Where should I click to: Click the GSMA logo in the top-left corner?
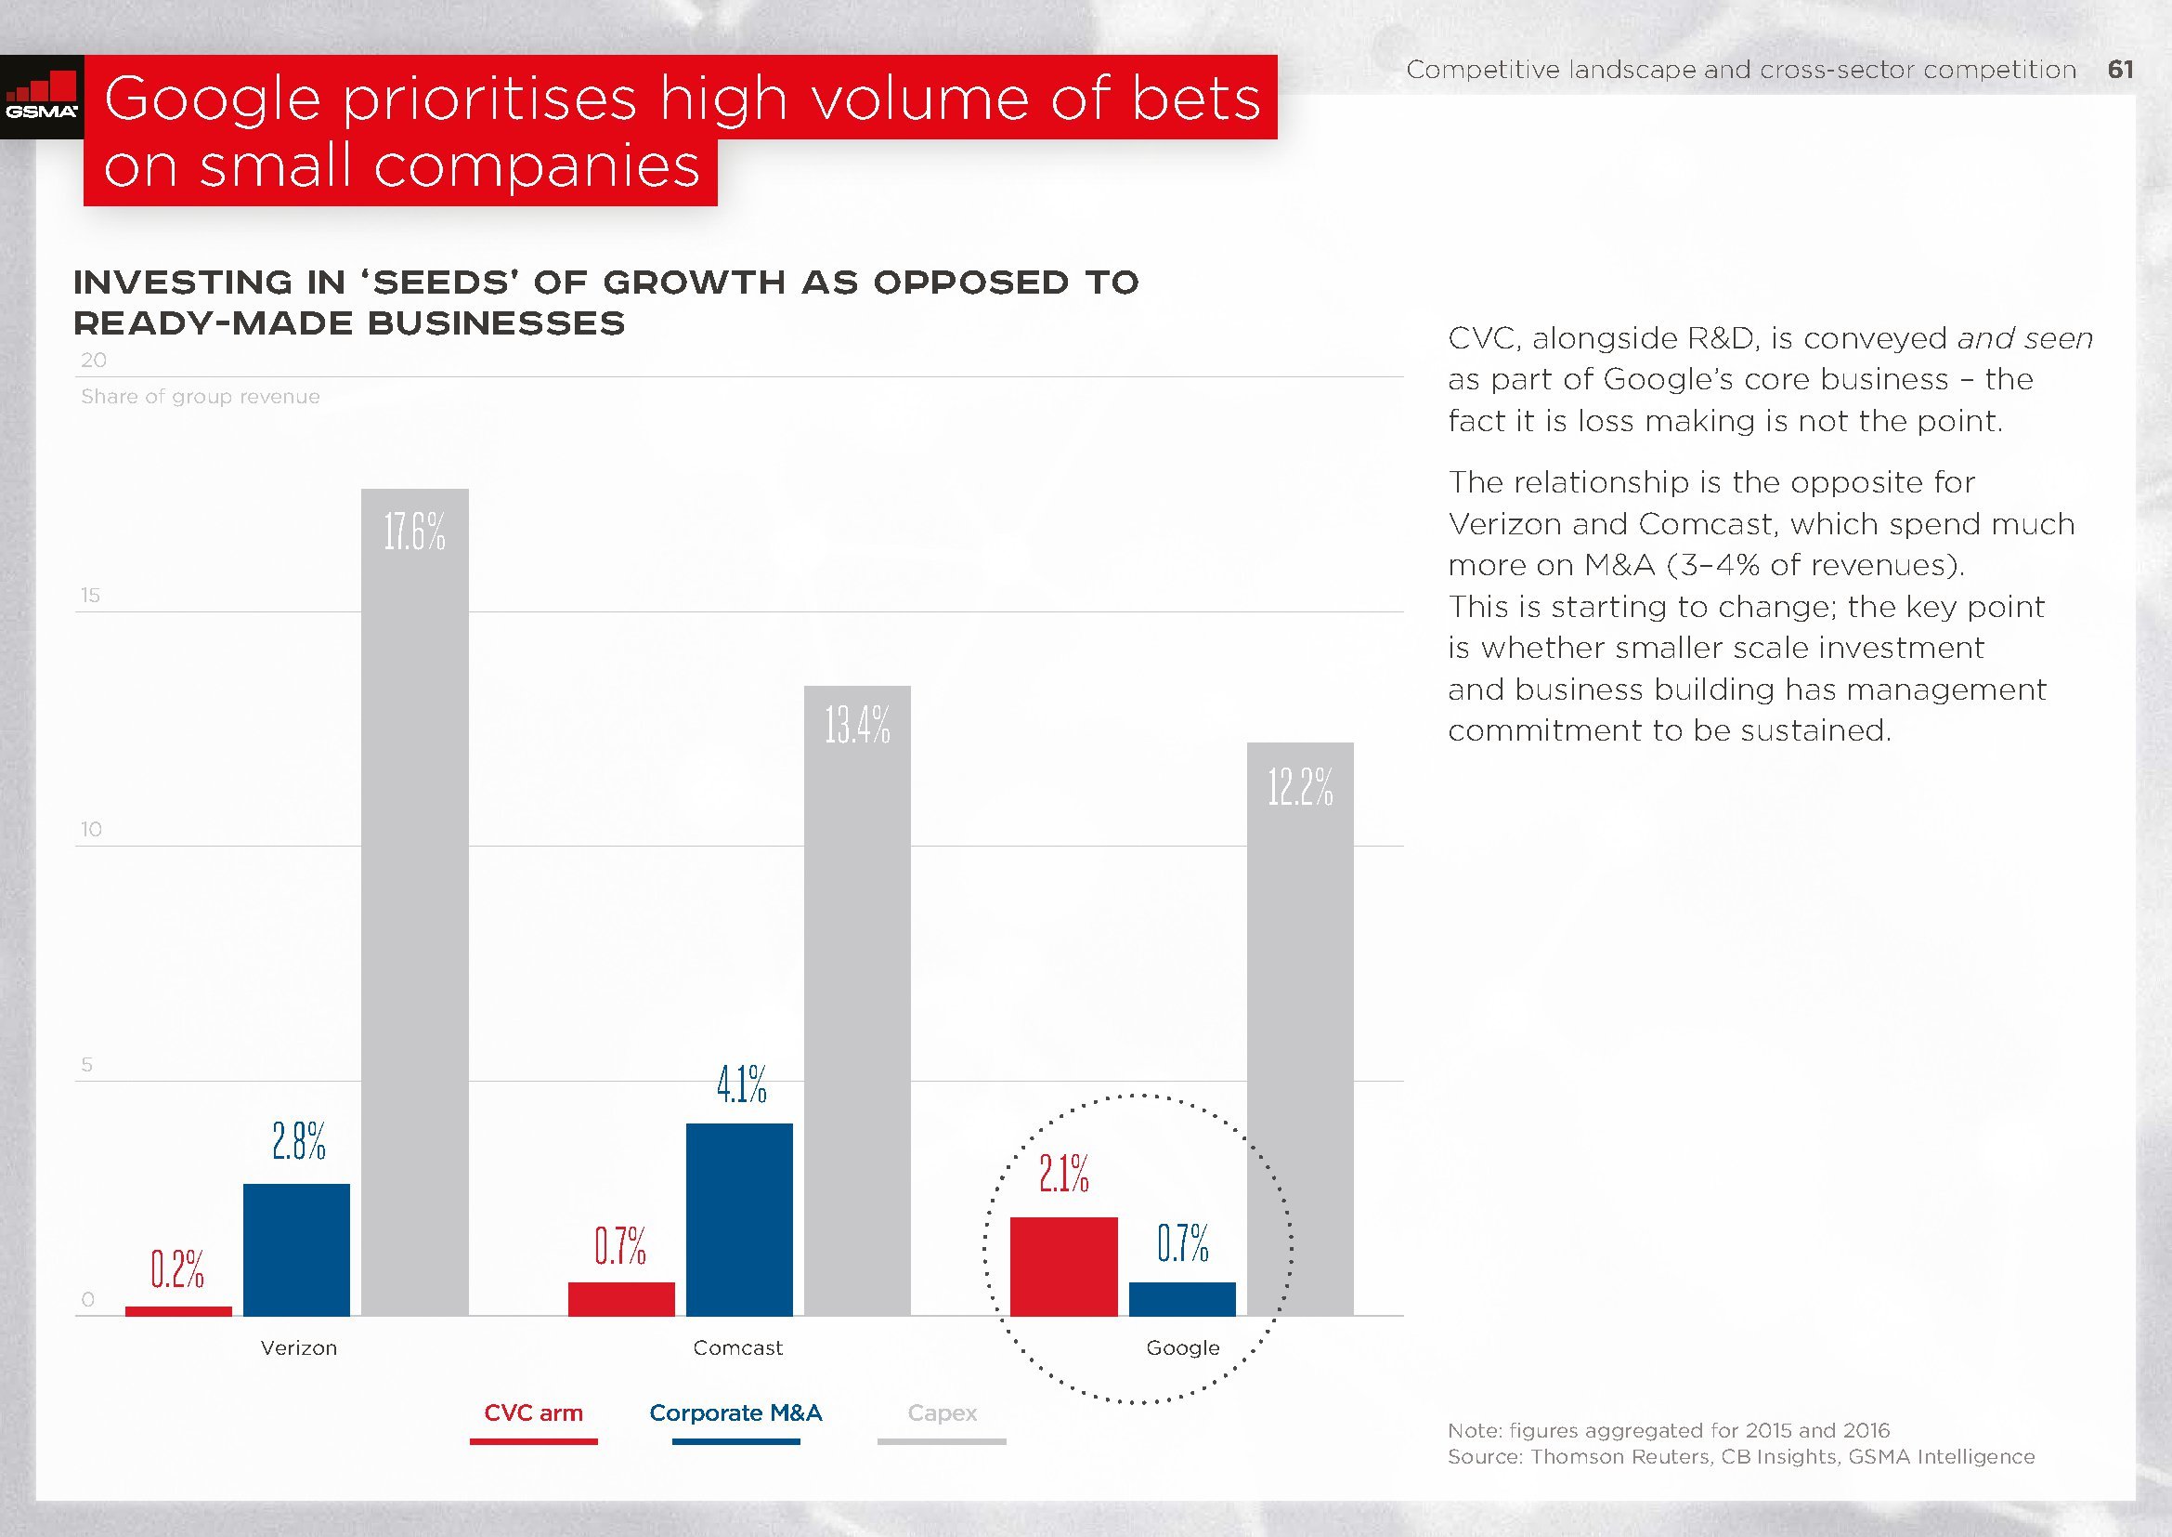42,99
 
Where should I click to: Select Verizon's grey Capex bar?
414,900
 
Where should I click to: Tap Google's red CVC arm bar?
1063,1266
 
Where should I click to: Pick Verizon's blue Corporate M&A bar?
296,1248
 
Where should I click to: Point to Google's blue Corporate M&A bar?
1181,1297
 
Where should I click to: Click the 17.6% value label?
414,532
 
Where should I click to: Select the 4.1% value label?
741,1084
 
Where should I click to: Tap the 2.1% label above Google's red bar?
1063,1175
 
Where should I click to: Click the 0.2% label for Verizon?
178,1269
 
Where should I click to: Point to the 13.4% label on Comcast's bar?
857,726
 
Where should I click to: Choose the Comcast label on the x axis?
738,1347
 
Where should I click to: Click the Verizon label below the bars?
299,1347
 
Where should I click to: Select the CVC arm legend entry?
534,1413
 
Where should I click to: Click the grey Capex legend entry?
943,1413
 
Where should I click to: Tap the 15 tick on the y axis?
90,596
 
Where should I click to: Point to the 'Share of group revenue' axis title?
201,397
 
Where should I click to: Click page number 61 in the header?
2120,69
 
